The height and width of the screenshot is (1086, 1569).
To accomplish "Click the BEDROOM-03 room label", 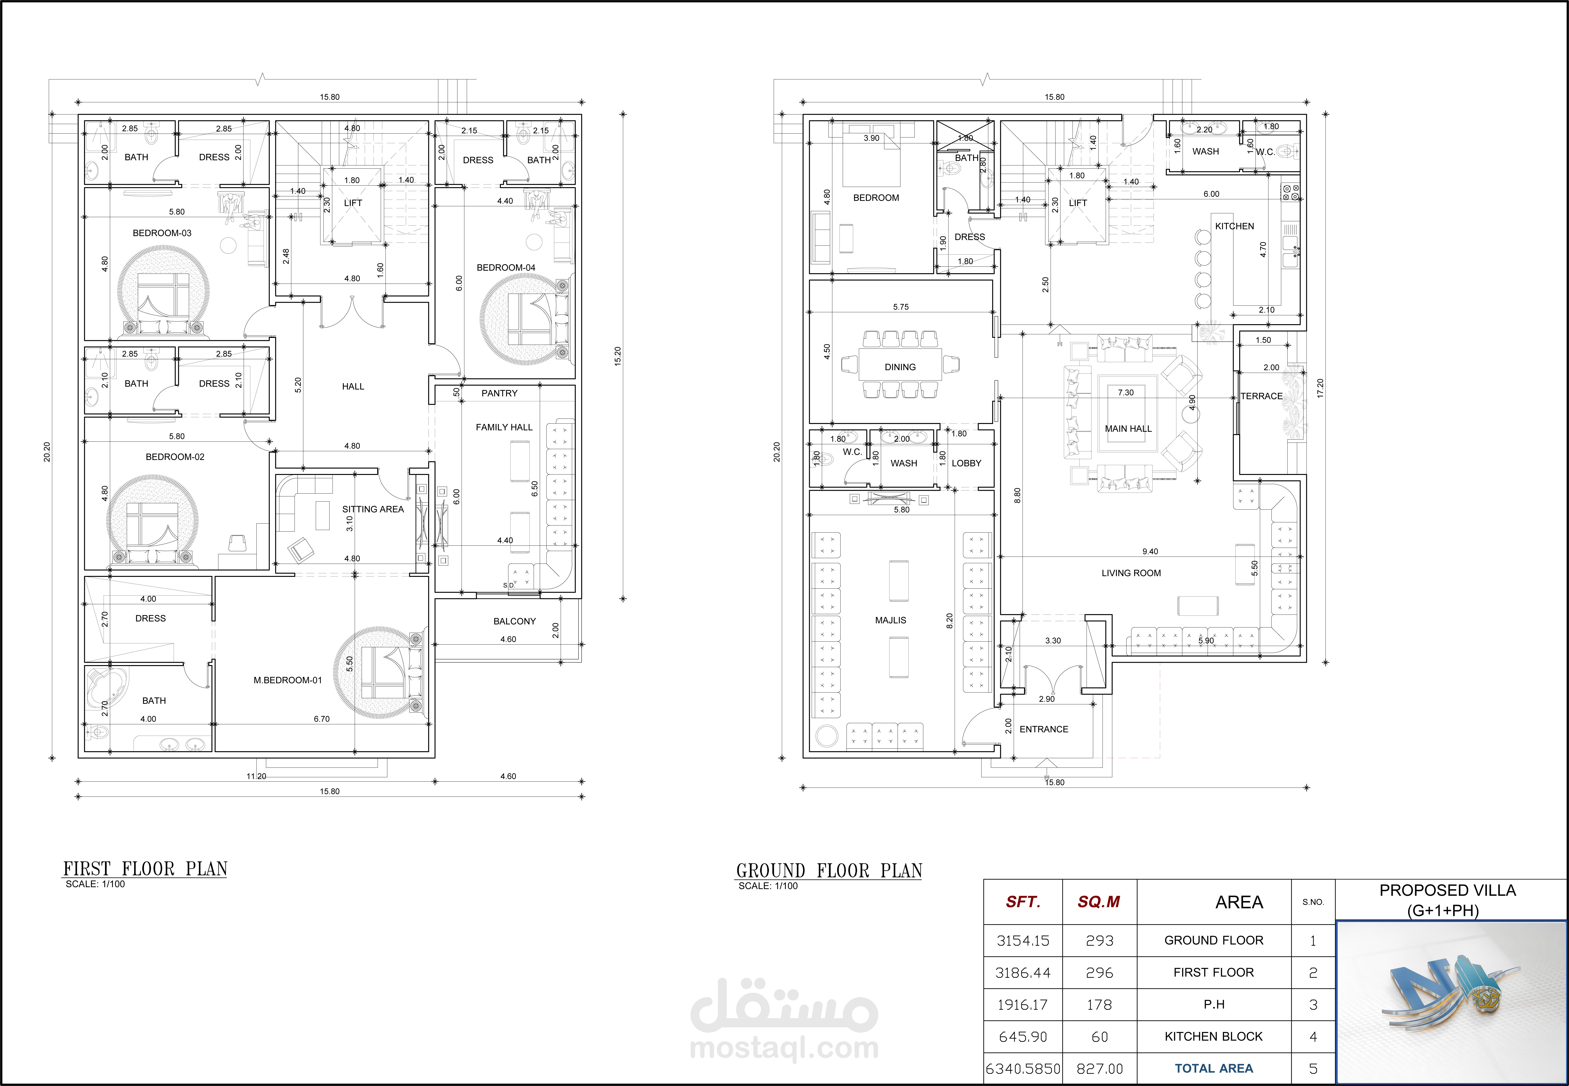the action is (162, 233).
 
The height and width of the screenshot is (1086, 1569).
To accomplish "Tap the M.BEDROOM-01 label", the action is (288, 680).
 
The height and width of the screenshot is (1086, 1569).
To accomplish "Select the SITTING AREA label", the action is (373, 509).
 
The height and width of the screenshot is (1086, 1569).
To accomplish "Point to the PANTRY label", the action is (499, 393).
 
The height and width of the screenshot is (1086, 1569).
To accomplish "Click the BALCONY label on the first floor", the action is (514, 621).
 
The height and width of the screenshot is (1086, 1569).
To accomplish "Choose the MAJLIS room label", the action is (891, 620).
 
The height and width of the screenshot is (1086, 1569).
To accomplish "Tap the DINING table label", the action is (900, 367).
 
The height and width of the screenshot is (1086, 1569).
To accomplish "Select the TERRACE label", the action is (1262, 396).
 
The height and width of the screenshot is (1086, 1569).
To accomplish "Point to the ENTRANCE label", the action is (1044, 729).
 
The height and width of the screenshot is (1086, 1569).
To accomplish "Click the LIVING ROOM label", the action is (1131, 573).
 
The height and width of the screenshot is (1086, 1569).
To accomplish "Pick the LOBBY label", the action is (966, 463).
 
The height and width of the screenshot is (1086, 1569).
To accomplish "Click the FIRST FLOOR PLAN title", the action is (145, 869).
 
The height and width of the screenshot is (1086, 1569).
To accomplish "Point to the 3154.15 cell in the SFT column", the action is (1023, 940).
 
